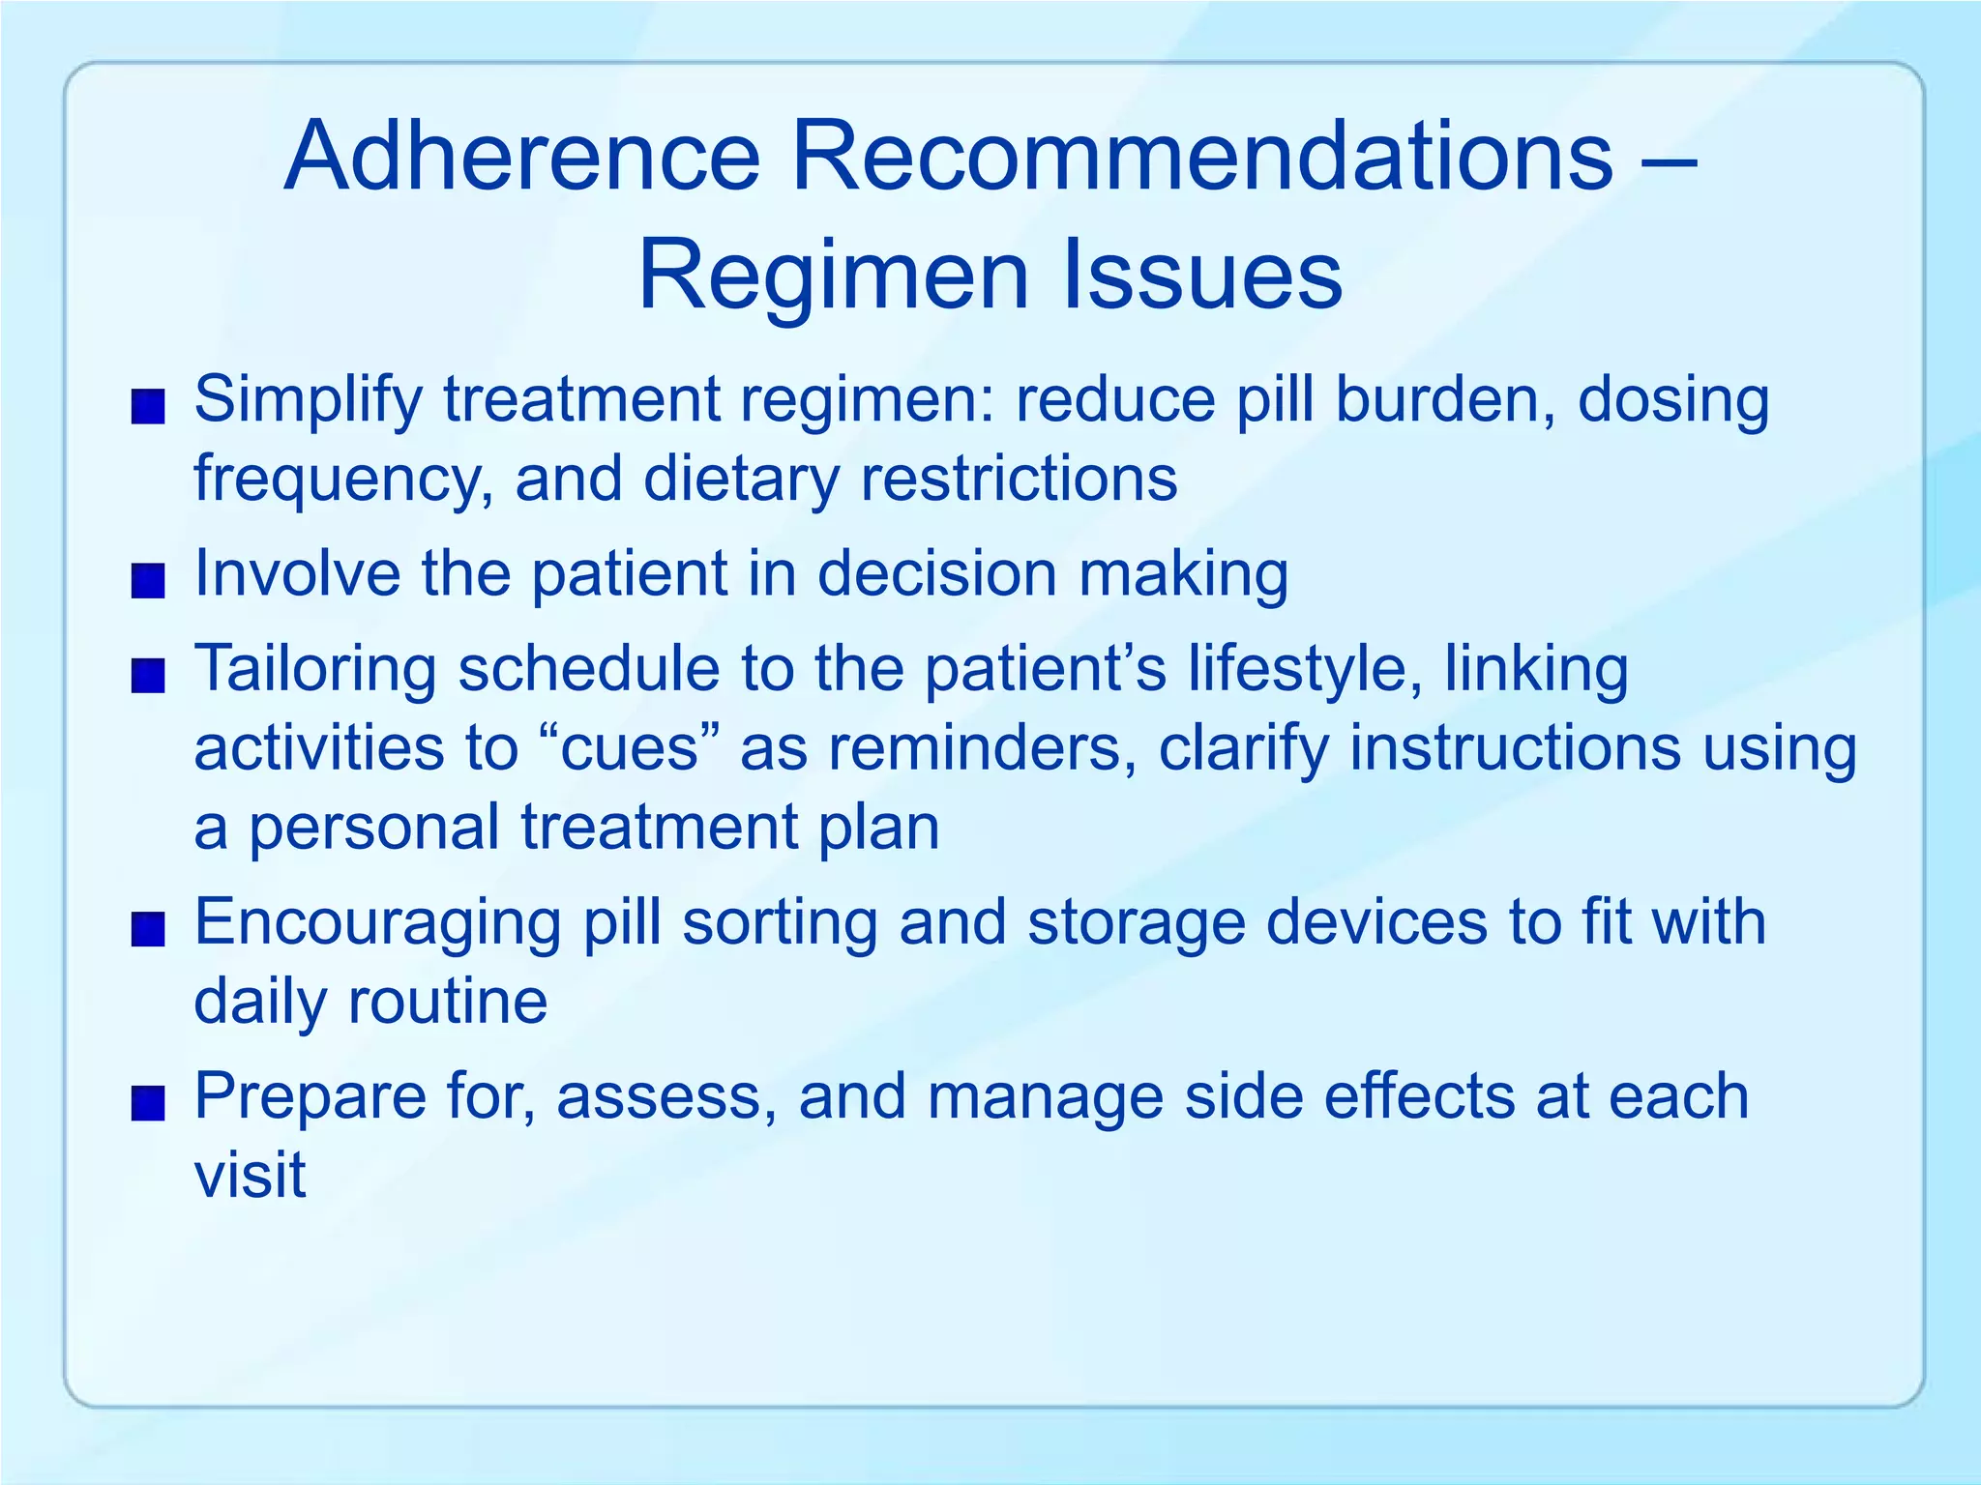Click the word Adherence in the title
[x=522, y=157]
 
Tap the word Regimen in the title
[x=833, y=277]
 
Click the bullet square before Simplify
[x=148, y=407]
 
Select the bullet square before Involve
[x=148, y=582]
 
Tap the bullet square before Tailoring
[x=148, y=676]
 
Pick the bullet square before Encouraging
[x=148, y=930]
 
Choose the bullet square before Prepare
[x=148, y=1104]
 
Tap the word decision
[x=936, y=574]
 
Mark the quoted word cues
[x=630, y=749]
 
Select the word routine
[x=448, y=1002]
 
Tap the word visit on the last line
[x=251, y=1176]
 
